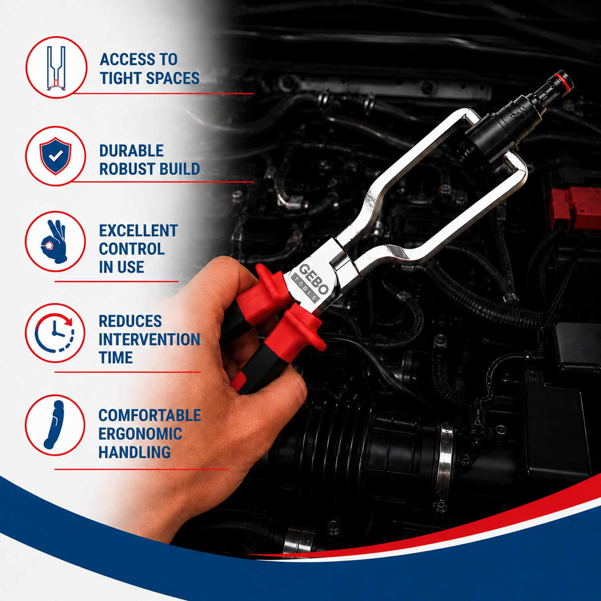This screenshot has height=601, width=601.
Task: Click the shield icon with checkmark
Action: (x=56, y=156)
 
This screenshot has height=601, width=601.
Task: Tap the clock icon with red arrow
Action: (x=55, y=333)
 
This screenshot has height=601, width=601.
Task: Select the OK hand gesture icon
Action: (x=54, y=241)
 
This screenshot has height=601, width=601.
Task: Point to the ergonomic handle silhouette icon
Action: (x=54, y=425)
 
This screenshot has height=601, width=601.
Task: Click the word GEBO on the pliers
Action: (x=314, y=278)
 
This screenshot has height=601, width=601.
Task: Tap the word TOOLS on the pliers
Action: (x=306, y=287)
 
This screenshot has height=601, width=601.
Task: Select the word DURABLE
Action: (x=131, y=151)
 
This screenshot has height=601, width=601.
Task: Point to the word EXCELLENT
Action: (x=138, y=231)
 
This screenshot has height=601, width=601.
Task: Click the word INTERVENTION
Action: (x=149, y=340)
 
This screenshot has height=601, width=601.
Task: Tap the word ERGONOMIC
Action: (x=140, y=434)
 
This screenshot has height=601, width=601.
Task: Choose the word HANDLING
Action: (x=134, y=452)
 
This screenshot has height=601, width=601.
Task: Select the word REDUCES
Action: (x=130, y=321)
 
